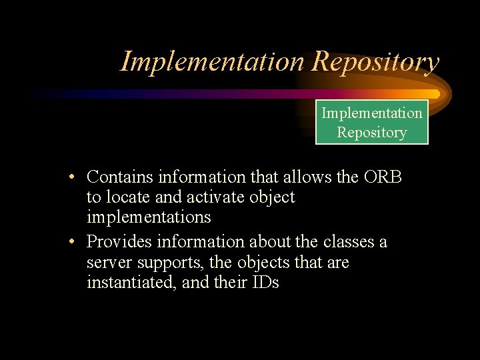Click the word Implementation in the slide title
click(212, 62)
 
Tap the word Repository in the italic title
click(375, 62)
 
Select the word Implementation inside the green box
click(372, 113)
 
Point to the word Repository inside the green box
click(372, 132)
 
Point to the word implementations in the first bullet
click(149, 217)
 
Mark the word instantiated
click(132, 282)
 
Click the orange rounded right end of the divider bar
click(435, 94)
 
